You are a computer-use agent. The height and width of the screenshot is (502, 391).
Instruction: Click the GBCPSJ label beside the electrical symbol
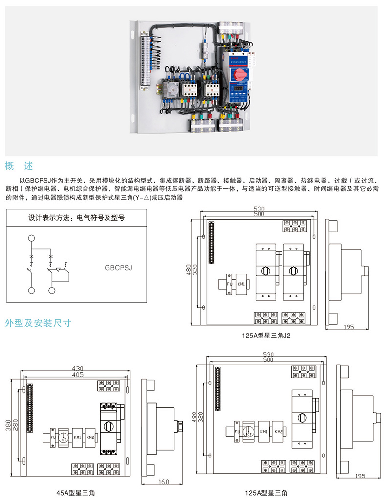pyautogui.click(x=119, y=268)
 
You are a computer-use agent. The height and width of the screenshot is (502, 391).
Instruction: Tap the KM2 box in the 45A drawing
pyautogui.click(x=90, y=436)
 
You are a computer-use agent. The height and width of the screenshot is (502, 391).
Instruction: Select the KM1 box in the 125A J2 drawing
pyautogui.click(x=241, y=283)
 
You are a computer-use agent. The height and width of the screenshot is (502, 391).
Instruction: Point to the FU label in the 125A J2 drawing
pyautogui.click(x=229, y=283)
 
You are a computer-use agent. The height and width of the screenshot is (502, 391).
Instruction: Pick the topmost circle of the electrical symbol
pyautogui.click(x=32, y=239)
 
